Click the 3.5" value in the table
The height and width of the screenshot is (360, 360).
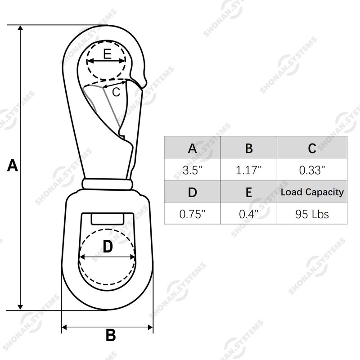192,170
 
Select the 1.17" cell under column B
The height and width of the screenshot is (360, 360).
249,170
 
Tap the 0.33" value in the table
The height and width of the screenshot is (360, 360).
312,170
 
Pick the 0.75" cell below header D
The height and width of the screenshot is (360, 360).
192,214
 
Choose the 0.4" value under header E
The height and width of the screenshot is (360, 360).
249,214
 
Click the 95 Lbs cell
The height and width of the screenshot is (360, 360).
312,214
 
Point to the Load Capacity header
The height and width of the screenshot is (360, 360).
312,192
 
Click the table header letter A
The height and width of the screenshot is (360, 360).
192,148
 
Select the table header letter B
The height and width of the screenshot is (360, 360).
249,148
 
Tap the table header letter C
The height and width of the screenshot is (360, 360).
312,148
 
